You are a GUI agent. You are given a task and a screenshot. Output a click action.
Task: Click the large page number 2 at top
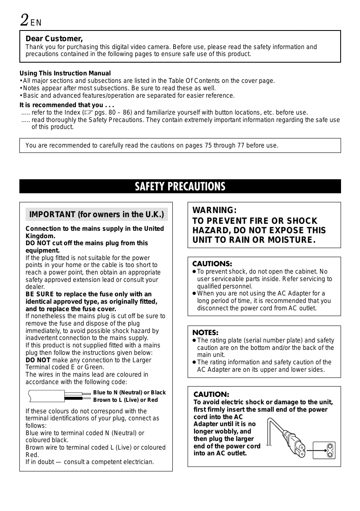(x=25, y=19)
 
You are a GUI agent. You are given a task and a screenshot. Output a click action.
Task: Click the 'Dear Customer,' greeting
(x=54, y=39)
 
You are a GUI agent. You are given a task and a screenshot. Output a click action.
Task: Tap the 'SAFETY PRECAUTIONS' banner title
(x=180, y=187)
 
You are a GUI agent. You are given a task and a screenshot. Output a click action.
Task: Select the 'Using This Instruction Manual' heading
(x=65, y=73)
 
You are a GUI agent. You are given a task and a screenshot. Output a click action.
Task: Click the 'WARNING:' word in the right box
(x=214, y=211)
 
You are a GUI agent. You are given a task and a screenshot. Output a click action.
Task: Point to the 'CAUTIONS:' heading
(x=212, y=263)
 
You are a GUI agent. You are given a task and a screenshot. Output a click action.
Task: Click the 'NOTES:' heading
(x=205, y=332)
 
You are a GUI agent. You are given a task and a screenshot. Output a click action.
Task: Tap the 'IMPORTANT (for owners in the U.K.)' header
(x=96, y=215)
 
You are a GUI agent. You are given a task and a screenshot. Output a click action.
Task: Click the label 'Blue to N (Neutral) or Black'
(x=129, y=392)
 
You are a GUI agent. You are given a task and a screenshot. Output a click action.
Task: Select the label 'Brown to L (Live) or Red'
(x=125, y=400)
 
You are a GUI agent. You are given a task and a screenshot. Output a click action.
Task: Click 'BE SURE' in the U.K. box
(x=40, y=294)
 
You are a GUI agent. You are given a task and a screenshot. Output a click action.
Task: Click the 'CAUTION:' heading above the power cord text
(x=211, y=394)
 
